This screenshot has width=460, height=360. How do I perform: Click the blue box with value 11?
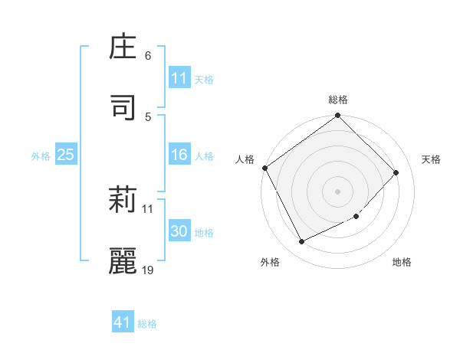click(179, 78)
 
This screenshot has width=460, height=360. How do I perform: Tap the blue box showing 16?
click(179, 155)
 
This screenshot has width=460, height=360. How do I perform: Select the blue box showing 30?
click(179, 231)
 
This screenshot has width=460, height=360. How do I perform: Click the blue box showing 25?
click(65, 155)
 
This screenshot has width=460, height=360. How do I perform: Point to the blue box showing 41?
click(123, 322)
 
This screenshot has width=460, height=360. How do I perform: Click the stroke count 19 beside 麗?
click(148, 269)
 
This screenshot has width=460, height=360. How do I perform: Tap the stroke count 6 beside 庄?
click(148, 56)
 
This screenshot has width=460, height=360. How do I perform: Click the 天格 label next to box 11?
click(204, 79)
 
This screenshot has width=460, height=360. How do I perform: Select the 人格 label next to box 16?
click(204, 155)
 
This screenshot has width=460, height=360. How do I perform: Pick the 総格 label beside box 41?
click(147, 323)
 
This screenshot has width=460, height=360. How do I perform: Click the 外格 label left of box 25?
click(41, 155)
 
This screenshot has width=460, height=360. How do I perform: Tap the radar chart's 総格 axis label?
click(338, 100)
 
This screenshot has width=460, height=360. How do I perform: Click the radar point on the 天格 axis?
click(396, 172)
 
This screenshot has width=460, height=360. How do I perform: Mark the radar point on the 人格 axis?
click(264, 168)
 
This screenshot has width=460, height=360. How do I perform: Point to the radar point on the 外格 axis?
click(301, 242)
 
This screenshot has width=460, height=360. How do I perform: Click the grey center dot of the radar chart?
click(338, 191)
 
